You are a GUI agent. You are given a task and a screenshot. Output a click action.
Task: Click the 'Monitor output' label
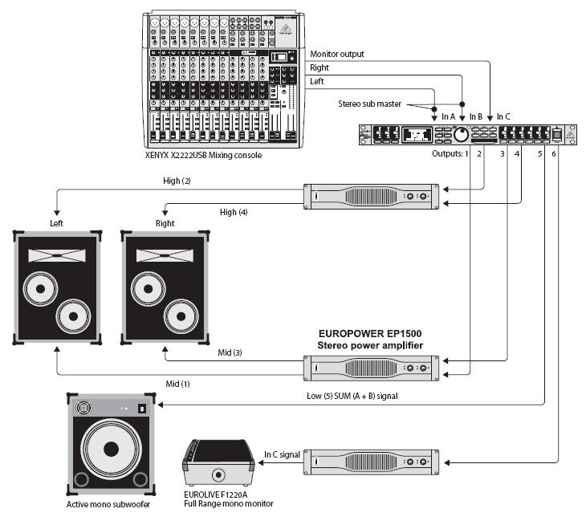pos(336,55)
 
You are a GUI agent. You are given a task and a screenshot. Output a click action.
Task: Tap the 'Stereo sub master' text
pos(369,104)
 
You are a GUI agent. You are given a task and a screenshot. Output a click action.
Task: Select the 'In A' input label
pos(449,117)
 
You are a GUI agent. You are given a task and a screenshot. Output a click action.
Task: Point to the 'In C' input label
pos(503,117)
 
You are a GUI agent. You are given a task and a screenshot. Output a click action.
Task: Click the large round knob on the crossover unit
pos(462,135)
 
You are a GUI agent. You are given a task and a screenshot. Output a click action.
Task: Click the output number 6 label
pos(554,154)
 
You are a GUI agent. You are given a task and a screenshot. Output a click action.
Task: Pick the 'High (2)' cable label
pos(177,181)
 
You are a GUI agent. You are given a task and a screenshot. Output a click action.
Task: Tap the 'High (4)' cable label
pos(234,212)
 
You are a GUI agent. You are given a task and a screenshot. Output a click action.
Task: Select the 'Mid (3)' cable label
pos(230,352)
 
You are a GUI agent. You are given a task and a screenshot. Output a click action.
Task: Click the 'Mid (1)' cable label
pos(177,384)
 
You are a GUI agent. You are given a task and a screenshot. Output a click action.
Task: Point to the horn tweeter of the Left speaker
pos(57,255)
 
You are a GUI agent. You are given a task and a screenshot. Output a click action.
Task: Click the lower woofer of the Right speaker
pos(181,316)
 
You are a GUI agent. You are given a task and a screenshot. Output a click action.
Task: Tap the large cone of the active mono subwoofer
pos(111,450)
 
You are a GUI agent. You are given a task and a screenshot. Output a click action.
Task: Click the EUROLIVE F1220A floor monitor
pos(218,463)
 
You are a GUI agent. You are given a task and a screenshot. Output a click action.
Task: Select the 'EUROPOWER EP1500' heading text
pos(370,334)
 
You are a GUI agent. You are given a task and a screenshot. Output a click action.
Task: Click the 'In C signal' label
pos(282,455)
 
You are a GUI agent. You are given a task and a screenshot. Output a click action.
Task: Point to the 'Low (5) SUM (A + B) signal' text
pos(352,397)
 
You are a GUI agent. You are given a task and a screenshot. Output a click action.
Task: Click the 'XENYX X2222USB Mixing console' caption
pos(203,155)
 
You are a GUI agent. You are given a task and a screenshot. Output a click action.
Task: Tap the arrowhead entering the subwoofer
pos(161,405)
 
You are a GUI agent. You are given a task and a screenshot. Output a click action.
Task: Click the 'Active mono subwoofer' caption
pos(108,505)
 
